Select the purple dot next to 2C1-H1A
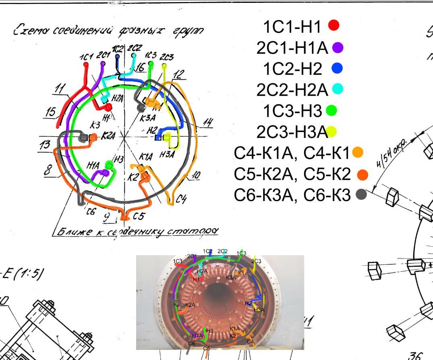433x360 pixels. click(x=338, y=48)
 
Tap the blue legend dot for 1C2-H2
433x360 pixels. click(x=337, y=69)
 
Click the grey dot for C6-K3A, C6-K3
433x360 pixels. click(x=361, y=195)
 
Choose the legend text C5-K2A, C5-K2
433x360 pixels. click(x=292, y=174)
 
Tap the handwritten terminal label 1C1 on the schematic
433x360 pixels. click(x=87, y=55)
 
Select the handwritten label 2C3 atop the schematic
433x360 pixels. click(x=167, y=57)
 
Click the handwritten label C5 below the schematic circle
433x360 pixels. click(x=138, y=216)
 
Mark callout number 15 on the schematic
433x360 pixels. click(x=51, y=112)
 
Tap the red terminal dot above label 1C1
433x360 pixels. click(x=85, y=64)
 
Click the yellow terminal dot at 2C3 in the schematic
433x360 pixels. click(x=164, y=66)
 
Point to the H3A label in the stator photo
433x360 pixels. click(x=259, y=310)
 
